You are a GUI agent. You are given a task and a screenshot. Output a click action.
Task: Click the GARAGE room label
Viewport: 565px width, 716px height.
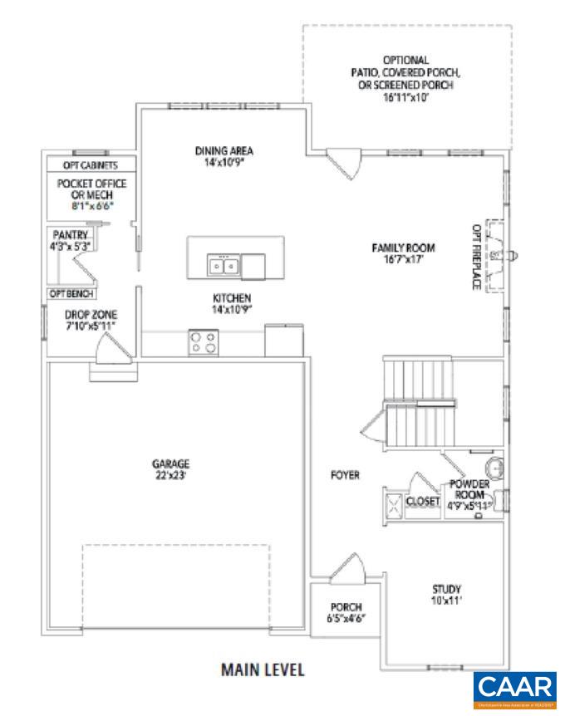(171, 463)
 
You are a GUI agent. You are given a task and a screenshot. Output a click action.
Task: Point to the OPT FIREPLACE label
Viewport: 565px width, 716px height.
(477, 256)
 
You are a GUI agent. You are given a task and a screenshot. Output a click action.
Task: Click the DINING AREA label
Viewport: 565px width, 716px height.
(224, 151)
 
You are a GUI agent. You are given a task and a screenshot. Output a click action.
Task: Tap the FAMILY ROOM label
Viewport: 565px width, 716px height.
(404, 248)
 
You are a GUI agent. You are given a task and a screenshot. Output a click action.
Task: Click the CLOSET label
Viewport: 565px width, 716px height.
(422, 502)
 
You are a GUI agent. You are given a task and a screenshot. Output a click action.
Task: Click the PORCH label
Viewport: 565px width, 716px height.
(345, 606)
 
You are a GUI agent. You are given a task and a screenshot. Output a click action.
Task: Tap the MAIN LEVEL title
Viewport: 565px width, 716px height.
(263, 669)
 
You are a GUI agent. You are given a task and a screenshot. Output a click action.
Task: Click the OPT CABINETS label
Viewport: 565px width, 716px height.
(90, 164)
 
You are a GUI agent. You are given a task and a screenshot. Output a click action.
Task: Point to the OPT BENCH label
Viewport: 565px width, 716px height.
(71, 294)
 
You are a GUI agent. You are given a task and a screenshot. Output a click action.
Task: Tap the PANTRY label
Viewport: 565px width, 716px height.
(70, 235)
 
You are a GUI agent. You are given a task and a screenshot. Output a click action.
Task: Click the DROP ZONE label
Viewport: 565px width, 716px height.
(91, 315)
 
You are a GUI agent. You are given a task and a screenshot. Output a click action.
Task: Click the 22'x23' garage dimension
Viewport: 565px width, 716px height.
(171, 476)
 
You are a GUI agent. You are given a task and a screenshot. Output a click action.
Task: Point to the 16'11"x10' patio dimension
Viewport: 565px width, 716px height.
(406, 96)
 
